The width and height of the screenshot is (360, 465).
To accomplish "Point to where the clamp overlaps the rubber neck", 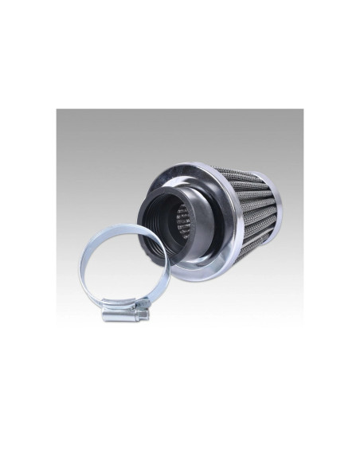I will (160, 247).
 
